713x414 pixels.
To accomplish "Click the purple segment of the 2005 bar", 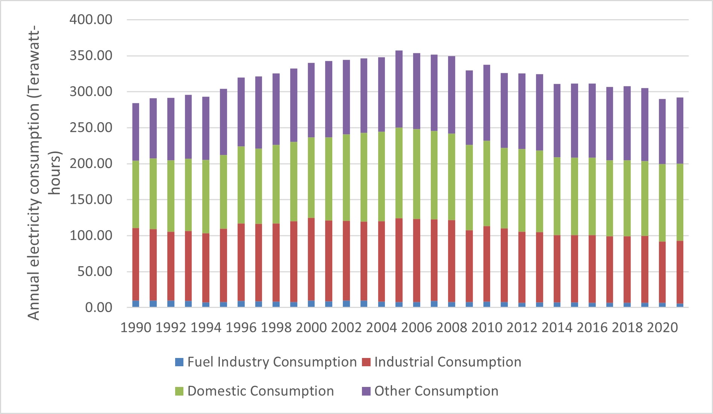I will [399, 89].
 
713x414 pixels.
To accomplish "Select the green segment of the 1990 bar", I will [136, 194].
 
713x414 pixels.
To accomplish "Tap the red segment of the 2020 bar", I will [662, 272].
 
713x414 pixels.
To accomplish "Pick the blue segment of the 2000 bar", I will [311, 304].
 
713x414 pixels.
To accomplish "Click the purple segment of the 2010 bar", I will [486, 103].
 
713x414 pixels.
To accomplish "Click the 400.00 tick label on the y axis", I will [91, 20].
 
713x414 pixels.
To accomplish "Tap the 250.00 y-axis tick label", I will [91, 127].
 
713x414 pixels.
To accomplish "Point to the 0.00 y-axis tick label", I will [98, 308].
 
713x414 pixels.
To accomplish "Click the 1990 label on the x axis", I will [136, 328].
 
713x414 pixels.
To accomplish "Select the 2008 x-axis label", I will [451, 328].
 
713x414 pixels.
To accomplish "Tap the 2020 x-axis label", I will [662, 328].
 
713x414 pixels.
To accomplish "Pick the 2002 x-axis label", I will [346, 328].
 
